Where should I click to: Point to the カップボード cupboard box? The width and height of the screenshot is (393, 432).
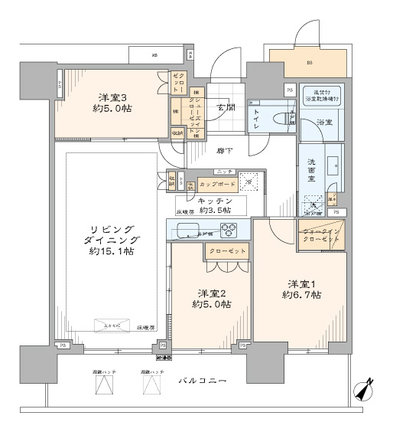pyautogui.click(x=217, y=184)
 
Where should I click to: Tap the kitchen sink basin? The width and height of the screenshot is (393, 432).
pyautogui.click(x=187, y=227)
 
